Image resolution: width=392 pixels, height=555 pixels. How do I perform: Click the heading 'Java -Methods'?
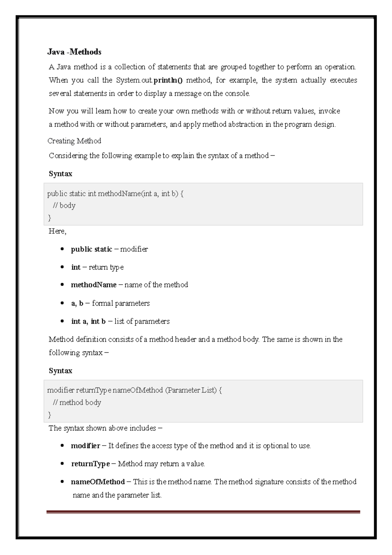(74, 52)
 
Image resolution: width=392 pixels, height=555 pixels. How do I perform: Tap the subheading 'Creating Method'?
(74, 141)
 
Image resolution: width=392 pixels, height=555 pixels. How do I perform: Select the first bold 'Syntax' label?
(60, 174)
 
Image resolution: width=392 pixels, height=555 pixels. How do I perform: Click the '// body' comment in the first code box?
(64, 206)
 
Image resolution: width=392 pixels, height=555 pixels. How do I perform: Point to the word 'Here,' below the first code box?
(57, 231)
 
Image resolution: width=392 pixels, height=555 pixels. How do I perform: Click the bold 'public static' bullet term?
(91, 249)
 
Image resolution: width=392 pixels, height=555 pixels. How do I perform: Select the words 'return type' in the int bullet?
(106, 267)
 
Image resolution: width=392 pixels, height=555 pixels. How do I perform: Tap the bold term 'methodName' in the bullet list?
(93, 285)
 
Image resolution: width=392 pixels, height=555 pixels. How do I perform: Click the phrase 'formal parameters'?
(121, 303)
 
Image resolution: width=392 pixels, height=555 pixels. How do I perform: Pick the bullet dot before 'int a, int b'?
(62, 321)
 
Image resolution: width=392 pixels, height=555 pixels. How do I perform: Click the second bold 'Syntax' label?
(60, 371)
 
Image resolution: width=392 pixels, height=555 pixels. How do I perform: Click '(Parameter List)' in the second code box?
(191, 390)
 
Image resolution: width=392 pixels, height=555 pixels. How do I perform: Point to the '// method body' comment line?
(77, 403)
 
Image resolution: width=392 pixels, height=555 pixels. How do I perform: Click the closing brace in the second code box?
(50, 415)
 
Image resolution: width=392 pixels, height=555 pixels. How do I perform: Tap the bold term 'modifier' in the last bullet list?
(86, 446)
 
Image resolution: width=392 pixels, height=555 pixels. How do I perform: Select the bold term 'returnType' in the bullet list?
(90, 464)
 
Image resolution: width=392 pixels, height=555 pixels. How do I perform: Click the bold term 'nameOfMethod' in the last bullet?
(98, 482)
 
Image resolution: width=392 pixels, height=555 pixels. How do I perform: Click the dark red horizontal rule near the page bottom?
(203, 512)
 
